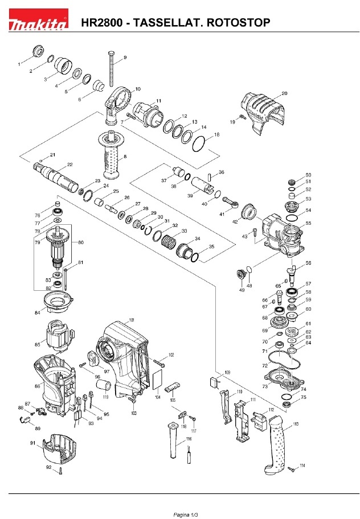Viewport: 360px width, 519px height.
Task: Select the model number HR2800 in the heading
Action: click(103, 23)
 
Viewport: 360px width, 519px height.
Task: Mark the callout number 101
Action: click(132, 321)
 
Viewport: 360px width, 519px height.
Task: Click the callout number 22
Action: click(69, 164)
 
